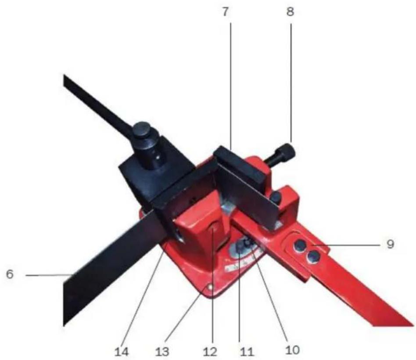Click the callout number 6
coord(10,274)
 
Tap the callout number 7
coord(225,12)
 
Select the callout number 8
coord(290,12)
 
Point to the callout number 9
coord(390,244)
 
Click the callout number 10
coord(292,349)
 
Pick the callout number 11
coord(247,352)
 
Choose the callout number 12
coord(210,352)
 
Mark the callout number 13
coord(162,352)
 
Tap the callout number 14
coord(122,352)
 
